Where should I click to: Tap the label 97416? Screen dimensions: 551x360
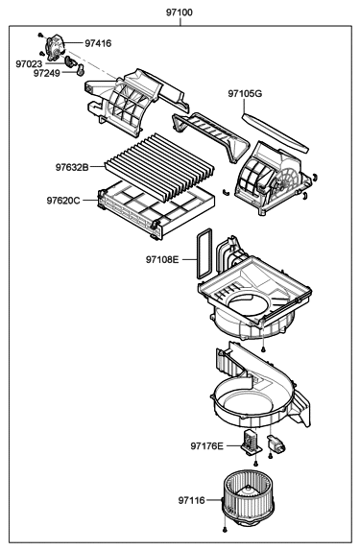coord(98,43)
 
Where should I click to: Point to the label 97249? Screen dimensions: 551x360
coord(48,73)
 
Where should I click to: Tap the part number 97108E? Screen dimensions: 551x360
coord(163,259)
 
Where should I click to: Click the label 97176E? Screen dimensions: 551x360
coord(206,445)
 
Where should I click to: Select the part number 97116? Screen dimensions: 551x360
coord(191,500)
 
